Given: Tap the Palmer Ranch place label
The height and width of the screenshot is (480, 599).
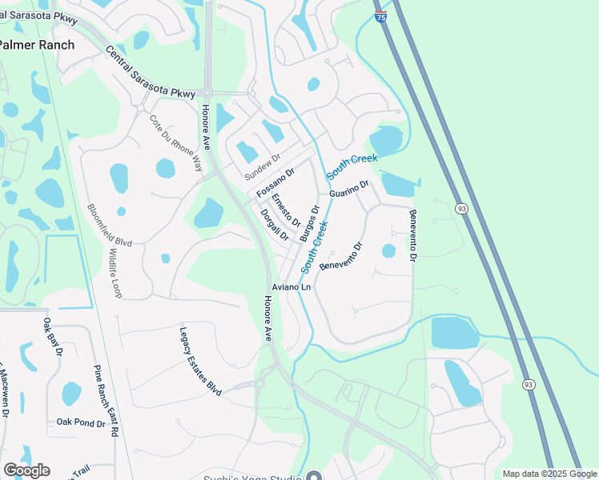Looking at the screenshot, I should coord(37,45).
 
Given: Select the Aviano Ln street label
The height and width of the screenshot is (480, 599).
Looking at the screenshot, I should coord(290,286).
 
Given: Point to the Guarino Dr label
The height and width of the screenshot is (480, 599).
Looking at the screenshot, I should coord(349,189).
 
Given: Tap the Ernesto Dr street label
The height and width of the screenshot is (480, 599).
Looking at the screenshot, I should coord(285,210).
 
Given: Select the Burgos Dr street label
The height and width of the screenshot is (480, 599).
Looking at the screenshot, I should coord(310,224).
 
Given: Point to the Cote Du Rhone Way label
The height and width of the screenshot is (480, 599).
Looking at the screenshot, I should coord(176,142).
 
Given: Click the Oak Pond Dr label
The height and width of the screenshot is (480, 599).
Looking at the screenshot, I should coord(81,422).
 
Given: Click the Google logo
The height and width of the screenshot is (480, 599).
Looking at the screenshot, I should coord(26,470).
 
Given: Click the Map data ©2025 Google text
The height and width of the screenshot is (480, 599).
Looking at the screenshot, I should coord(550,474).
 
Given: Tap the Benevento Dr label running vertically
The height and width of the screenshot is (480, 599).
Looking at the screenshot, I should coord(413,235).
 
